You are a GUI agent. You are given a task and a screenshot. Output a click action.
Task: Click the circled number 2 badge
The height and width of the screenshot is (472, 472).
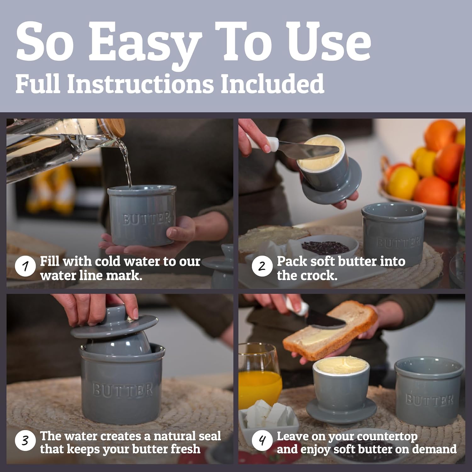pos(262,267)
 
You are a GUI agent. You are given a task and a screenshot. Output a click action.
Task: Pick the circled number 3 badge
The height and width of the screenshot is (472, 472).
pos(25,441)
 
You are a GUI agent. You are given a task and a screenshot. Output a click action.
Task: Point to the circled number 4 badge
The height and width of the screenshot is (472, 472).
pos(262,441)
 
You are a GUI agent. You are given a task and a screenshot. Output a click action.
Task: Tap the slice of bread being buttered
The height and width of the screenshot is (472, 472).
pos(330,330)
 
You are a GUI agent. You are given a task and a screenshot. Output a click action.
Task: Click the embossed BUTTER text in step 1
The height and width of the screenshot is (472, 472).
pos(147,218)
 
